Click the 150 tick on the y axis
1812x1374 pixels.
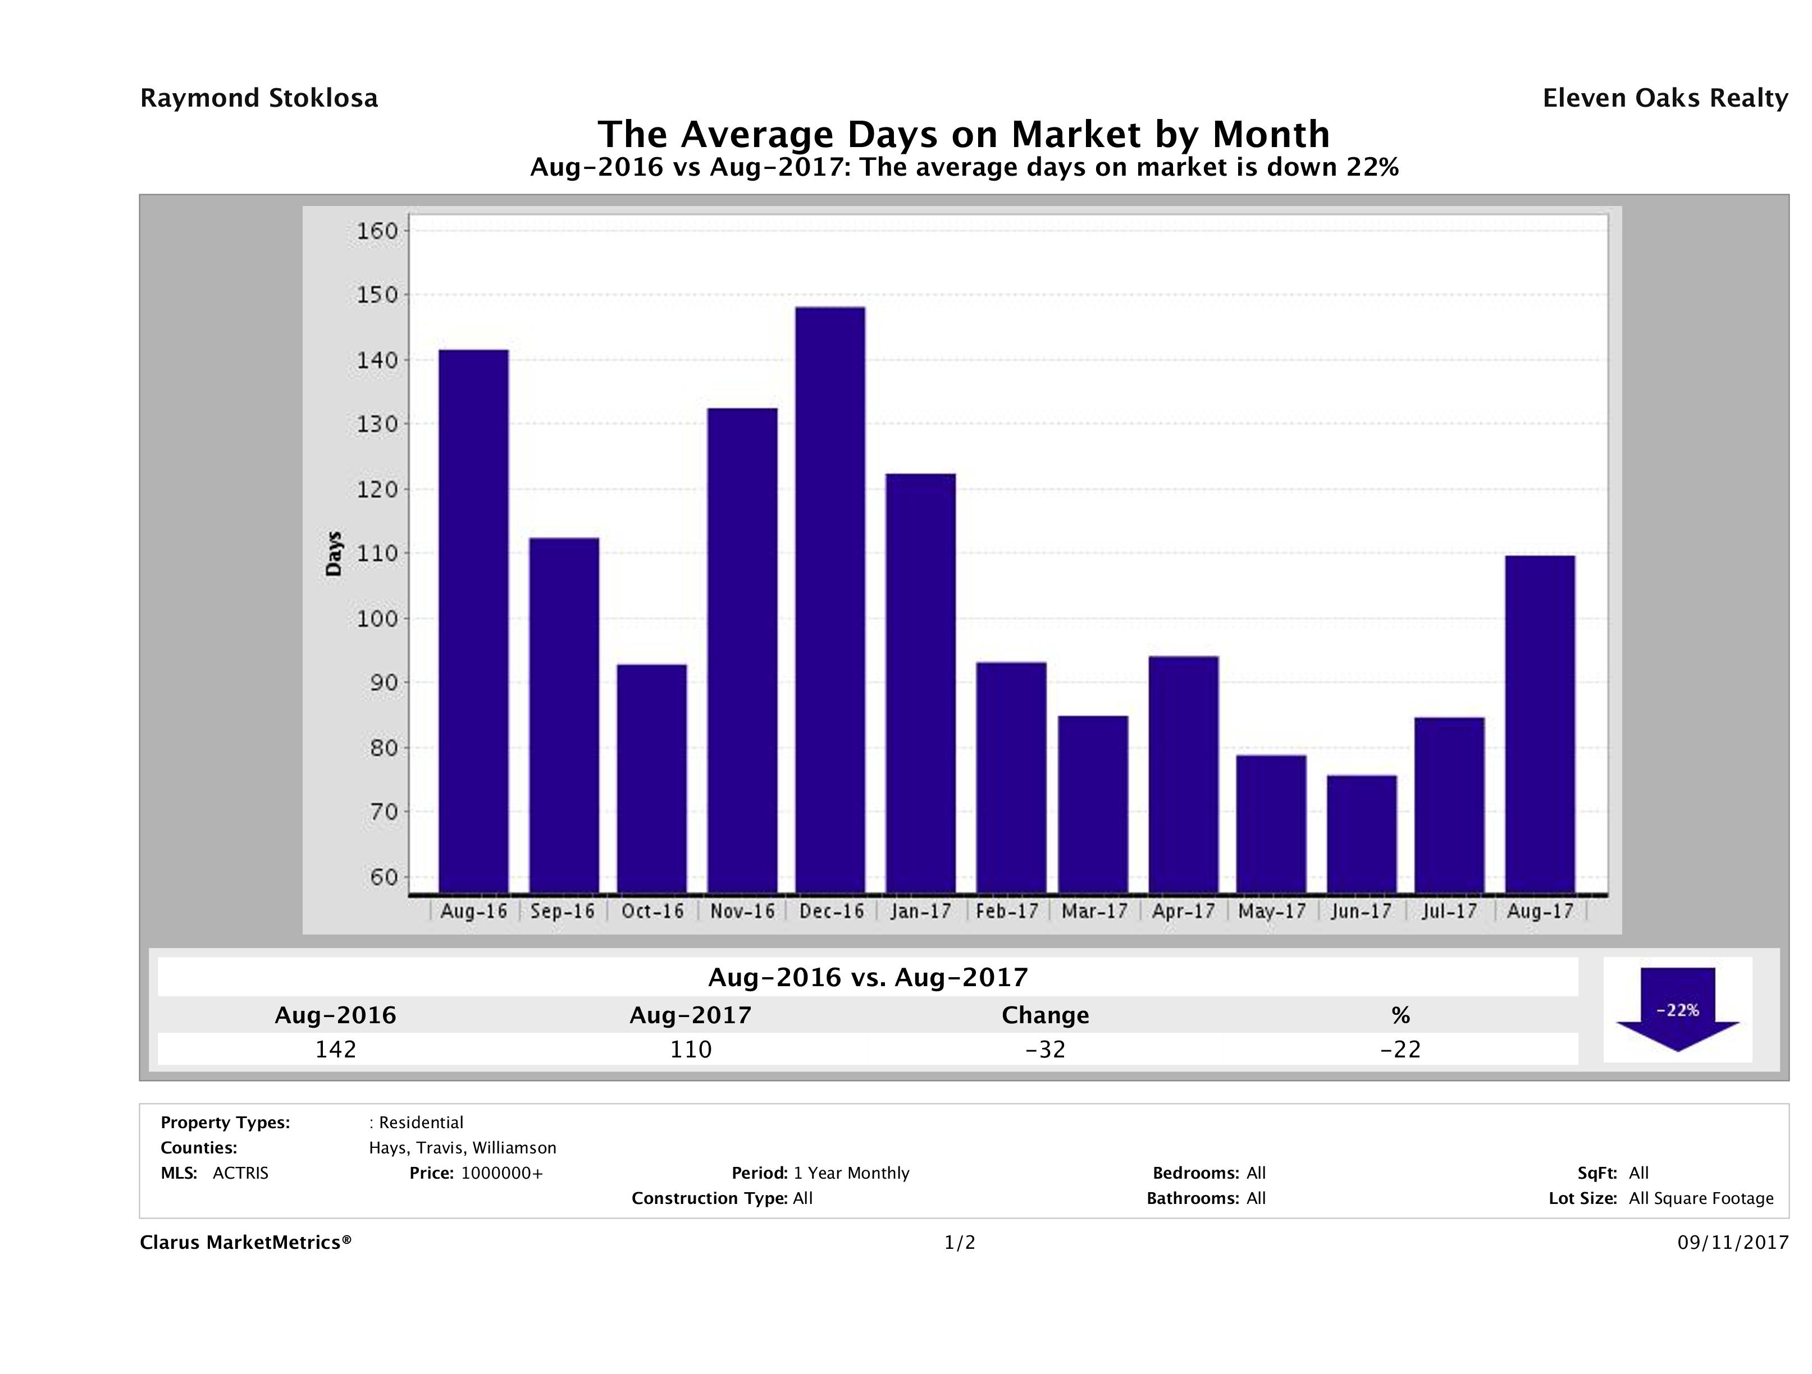[377, 295]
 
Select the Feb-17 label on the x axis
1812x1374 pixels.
[1007, 912]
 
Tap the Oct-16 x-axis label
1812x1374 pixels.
[652, 912]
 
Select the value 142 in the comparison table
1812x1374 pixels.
[336, 1049]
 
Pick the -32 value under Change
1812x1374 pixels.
[1046, 1049]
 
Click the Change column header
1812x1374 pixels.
[1046, 1015]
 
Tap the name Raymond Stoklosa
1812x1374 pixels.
[259, 98]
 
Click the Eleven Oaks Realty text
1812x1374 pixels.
[1664, 98]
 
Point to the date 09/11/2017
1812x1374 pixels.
[1732, 1243]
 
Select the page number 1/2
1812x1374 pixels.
[959, 1243]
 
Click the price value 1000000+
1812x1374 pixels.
[501, 1174]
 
